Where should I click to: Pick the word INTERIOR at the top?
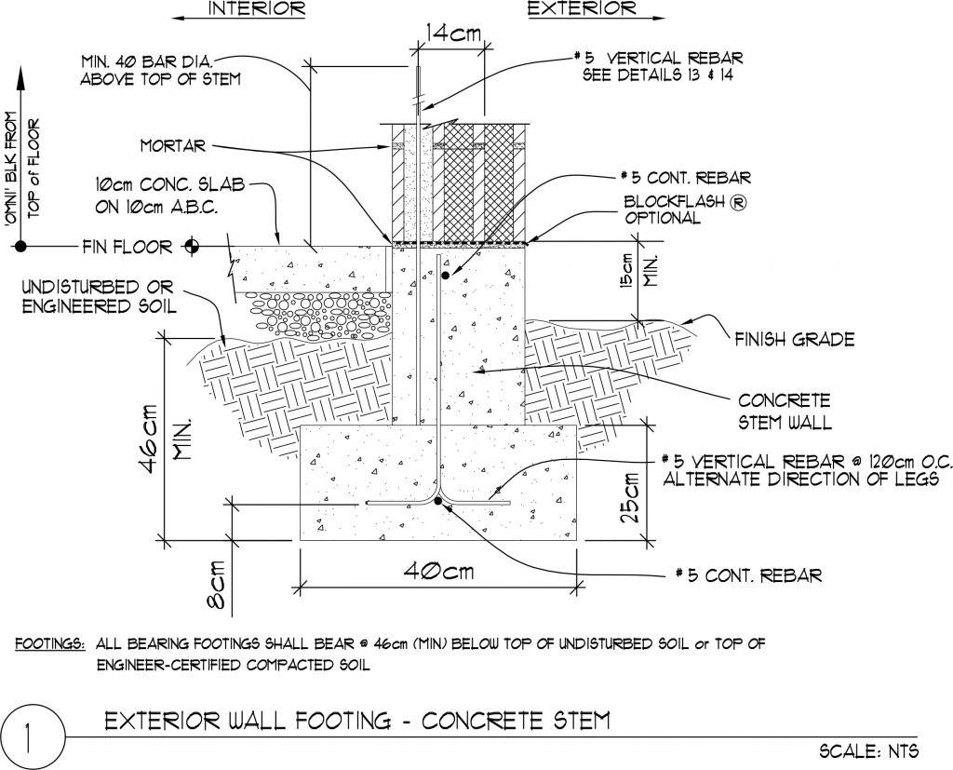(257, 9)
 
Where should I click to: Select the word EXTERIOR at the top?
(582, 9)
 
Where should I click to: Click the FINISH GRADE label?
(794, 340)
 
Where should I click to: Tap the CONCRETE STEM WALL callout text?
(784, 410)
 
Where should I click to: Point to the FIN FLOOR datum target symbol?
(193, 247)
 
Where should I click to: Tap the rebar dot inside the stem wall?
(446, 276)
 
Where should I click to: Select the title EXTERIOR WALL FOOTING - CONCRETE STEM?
(356, 720)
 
